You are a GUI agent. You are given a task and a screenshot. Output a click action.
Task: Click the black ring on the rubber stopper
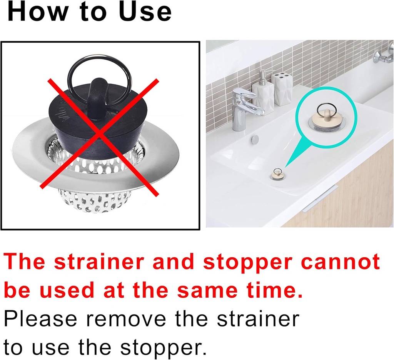(x=100, y=65)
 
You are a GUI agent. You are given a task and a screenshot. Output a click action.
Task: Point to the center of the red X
(x=101, y=135)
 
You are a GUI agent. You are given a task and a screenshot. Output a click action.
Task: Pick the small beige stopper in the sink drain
(x=278, y=174)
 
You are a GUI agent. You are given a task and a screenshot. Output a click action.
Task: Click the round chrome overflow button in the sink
(x=254, y=140)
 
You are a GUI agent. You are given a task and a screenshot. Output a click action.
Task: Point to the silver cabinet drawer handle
(x=319, y=198)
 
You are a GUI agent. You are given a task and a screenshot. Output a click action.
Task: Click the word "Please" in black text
(x=40, y=319)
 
